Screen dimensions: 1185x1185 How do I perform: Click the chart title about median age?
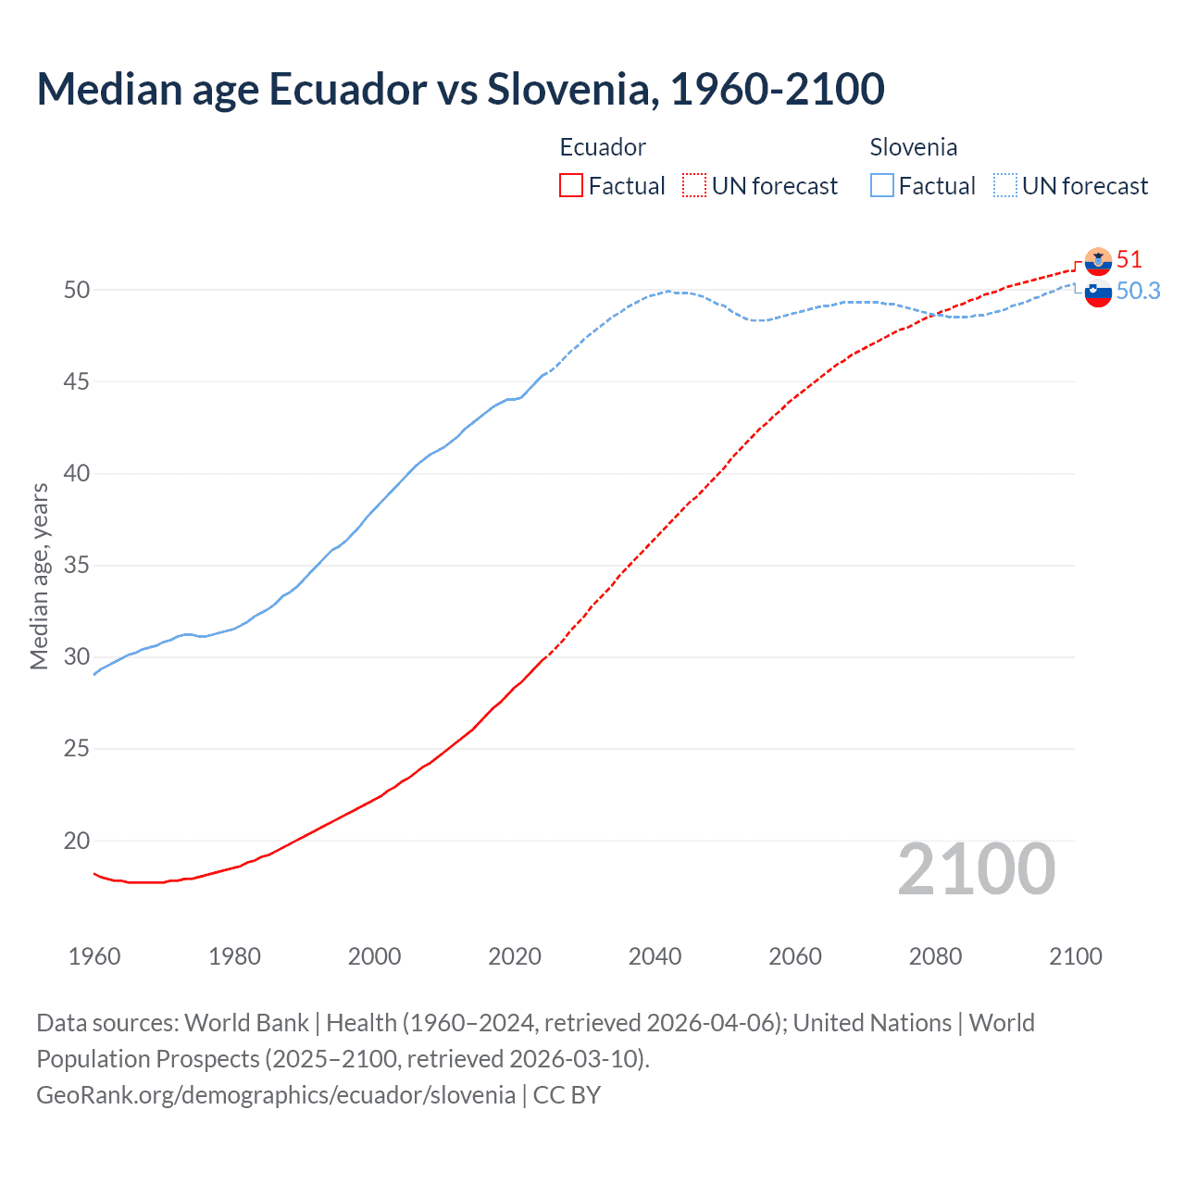460,89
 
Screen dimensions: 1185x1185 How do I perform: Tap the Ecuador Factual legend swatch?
571,186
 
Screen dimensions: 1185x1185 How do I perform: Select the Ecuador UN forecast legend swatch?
694,186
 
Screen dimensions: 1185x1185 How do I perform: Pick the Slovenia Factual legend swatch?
882,186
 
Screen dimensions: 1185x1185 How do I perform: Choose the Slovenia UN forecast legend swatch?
1005,186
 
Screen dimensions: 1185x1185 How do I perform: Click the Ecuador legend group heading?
603,147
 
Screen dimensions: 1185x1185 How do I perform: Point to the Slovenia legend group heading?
913,147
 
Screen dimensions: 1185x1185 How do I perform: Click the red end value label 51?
1129,260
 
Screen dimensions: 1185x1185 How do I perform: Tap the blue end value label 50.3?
1138,292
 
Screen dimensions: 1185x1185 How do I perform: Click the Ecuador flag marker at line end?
1098,262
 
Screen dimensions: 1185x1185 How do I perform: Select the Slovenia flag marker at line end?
1098,293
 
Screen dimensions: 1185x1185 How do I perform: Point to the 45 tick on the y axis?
77,381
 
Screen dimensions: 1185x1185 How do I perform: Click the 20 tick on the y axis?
77,841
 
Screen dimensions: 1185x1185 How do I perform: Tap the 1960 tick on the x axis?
94,956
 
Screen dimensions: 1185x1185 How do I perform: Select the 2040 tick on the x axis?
655,956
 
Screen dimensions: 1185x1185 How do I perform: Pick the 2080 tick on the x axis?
935,956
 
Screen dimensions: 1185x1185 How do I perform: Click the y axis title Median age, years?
39,576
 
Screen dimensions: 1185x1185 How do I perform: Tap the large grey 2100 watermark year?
976,869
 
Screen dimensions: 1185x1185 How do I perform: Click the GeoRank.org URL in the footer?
276,1095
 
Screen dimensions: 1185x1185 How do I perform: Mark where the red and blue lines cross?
935,314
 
